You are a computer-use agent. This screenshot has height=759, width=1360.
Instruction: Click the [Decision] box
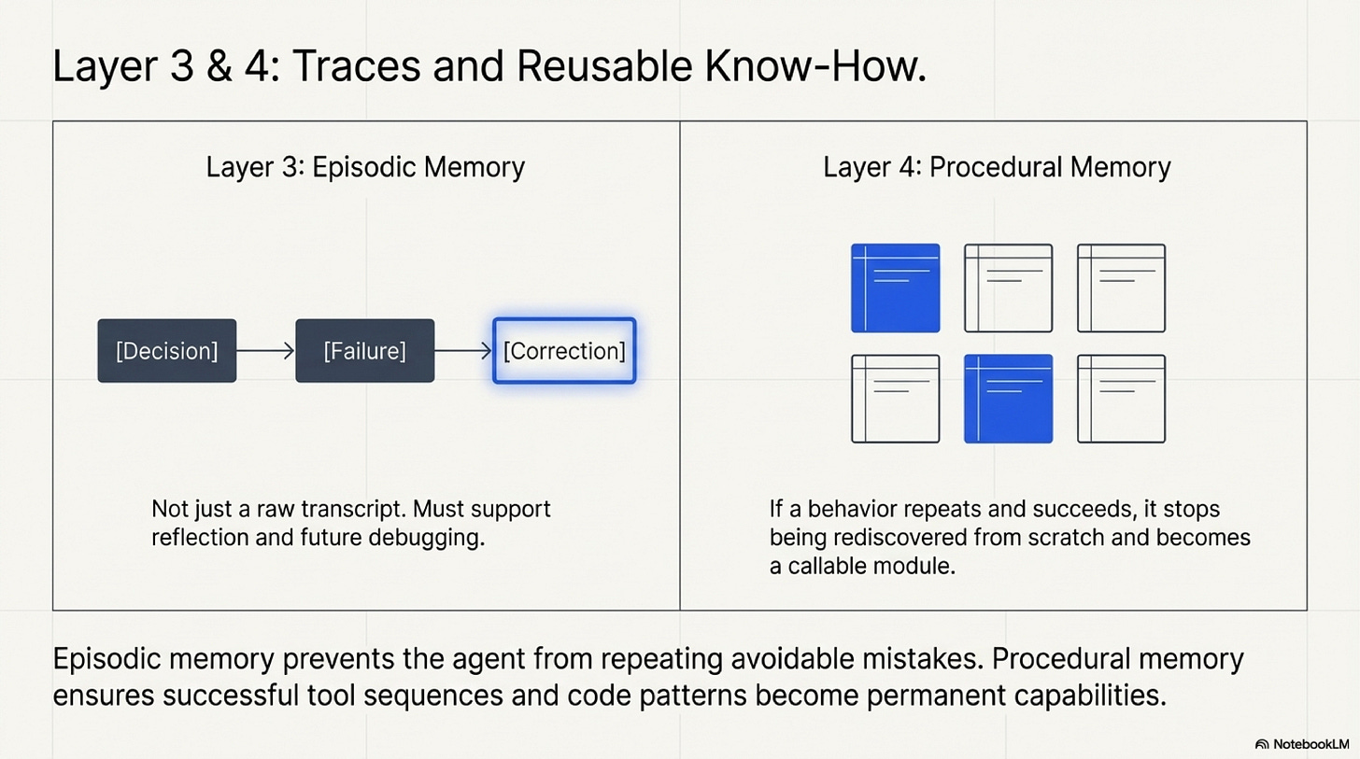click(x=166, y=350)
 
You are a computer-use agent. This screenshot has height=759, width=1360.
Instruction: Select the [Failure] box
click(x=364, y=350)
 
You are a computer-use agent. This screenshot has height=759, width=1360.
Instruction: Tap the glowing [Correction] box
click(x=564, y=351)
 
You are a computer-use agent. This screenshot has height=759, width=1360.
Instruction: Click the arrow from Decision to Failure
click(x=266, y=350)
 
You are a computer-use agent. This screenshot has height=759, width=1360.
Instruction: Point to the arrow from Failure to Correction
click(x=463, y=350)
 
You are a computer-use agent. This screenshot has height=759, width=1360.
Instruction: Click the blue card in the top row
click(x=895, y=288)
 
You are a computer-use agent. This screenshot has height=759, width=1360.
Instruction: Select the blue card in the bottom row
click(x=1008, y=399)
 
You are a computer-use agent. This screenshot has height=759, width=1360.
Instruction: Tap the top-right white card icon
click(x=1121, y=288)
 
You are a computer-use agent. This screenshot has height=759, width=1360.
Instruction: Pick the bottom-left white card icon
click(x=895, y=399)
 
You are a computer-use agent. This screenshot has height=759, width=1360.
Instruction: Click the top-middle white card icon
click(x=1008, y=288)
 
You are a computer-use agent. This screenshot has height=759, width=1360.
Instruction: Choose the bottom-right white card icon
click(x=1121, y=399)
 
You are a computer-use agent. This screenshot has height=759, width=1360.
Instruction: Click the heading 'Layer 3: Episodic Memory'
click(x=365, y=167)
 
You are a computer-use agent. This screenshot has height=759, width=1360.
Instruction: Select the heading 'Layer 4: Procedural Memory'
click(x=997, y=167)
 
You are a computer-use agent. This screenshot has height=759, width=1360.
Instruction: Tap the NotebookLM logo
click(x=1302, y=744)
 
